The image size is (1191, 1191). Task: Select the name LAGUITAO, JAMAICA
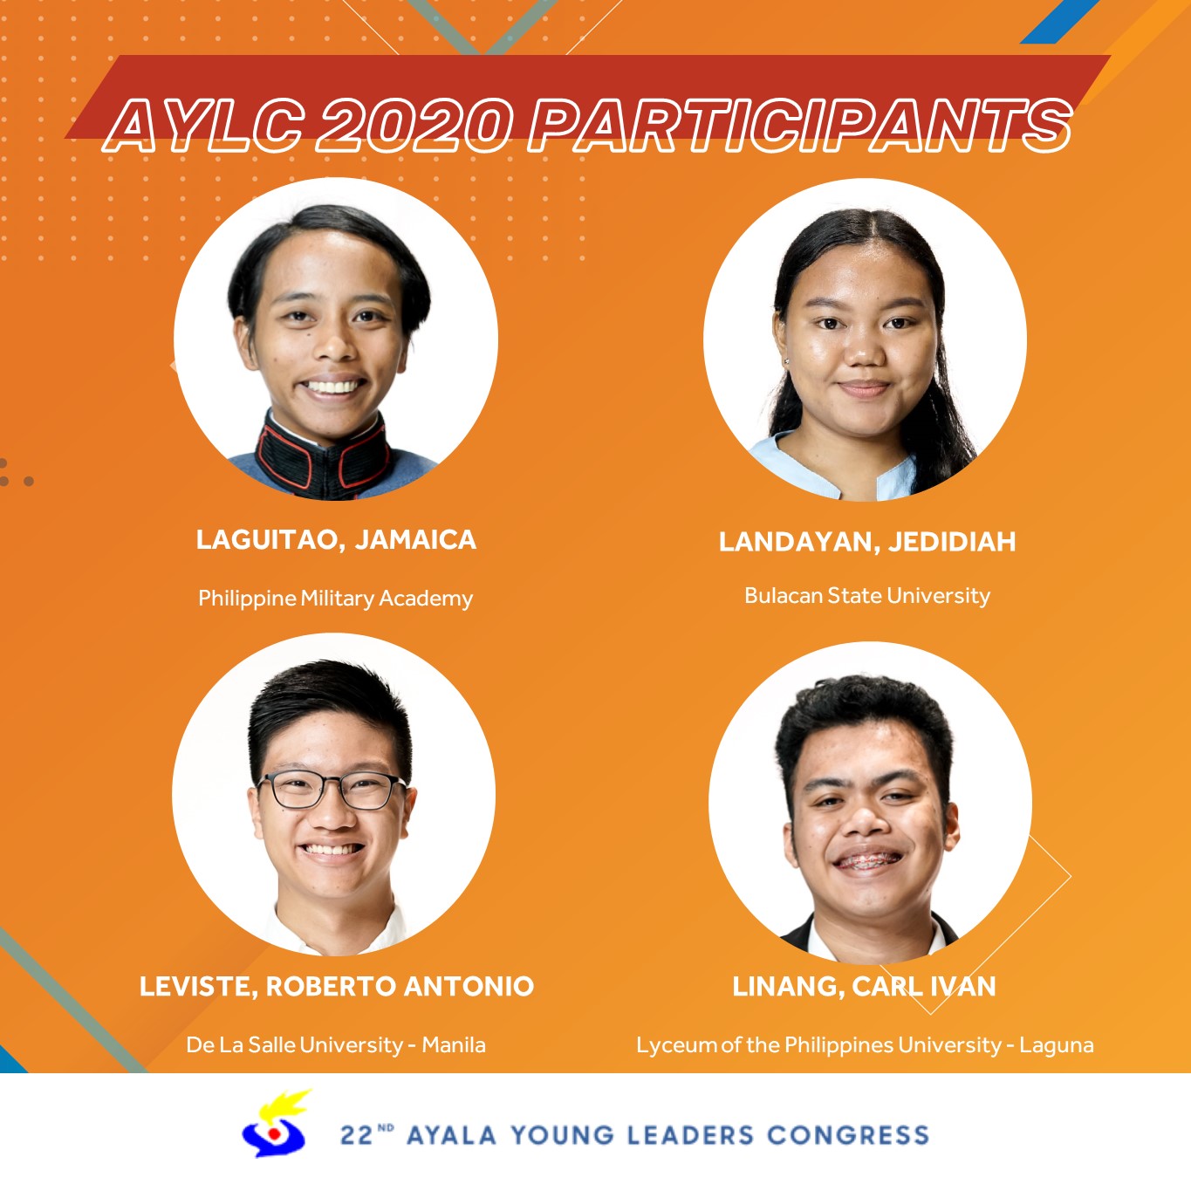pyautogui.click(x=336, y=539)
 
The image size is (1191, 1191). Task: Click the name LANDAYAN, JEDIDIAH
pyautogui.click(x=867, y=542)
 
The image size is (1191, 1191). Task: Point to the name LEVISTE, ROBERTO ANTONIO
pyautogui.click(x=336, y=986)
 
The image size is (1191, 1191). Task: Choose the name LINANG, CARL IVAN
pyautogui.click(x=864, y=986)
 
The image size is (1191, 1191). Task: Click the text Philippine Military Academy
pyautogui.click(x=336, y=599)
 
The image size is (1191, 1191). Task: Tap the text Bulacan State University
pyautogui.click(x=867, y=596)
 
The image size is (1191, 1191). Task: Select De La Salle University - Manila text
pyautogui.click(x=336, y=1045)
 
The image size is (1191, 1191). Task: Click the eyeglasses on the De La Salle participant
pyautogui.click(x=332, y=790)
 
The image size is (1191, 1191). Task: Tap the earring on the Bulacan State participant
pyautogui.click(x=787, y=361)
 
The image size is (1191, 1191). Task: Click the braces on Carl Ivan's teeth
pyautogui.click(x=867, y=859)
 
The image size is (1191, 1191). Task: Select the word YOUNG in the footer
pyautogui.click(x=562, y=1135)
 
